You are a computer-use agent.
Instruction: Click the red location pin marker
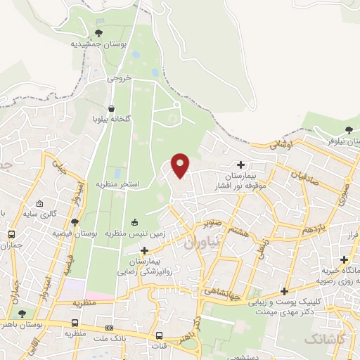click(181, 165)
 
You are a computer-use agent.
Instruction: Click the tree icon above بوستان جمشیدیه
click(98, 32)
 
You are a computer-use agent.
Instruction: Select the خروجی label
click(120, 79)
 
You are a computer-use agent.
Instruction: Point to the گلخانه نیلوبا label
click(112, 120)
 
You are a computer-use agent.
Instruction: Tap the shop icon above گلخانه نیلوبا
click(112, 108)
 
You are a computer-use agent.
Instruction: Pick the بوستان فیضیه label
click(75, 233)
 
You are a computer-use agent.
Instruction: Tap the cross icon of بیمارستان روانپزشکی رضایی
click(145, 250)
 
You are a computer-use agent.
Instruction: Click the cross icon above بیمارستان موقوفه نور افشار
click(241, 164)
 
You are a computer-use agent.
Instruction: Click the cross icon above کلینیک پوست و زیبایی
click(284, 291)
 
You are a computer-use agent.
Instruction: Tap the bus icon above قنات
click(160, 335)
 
